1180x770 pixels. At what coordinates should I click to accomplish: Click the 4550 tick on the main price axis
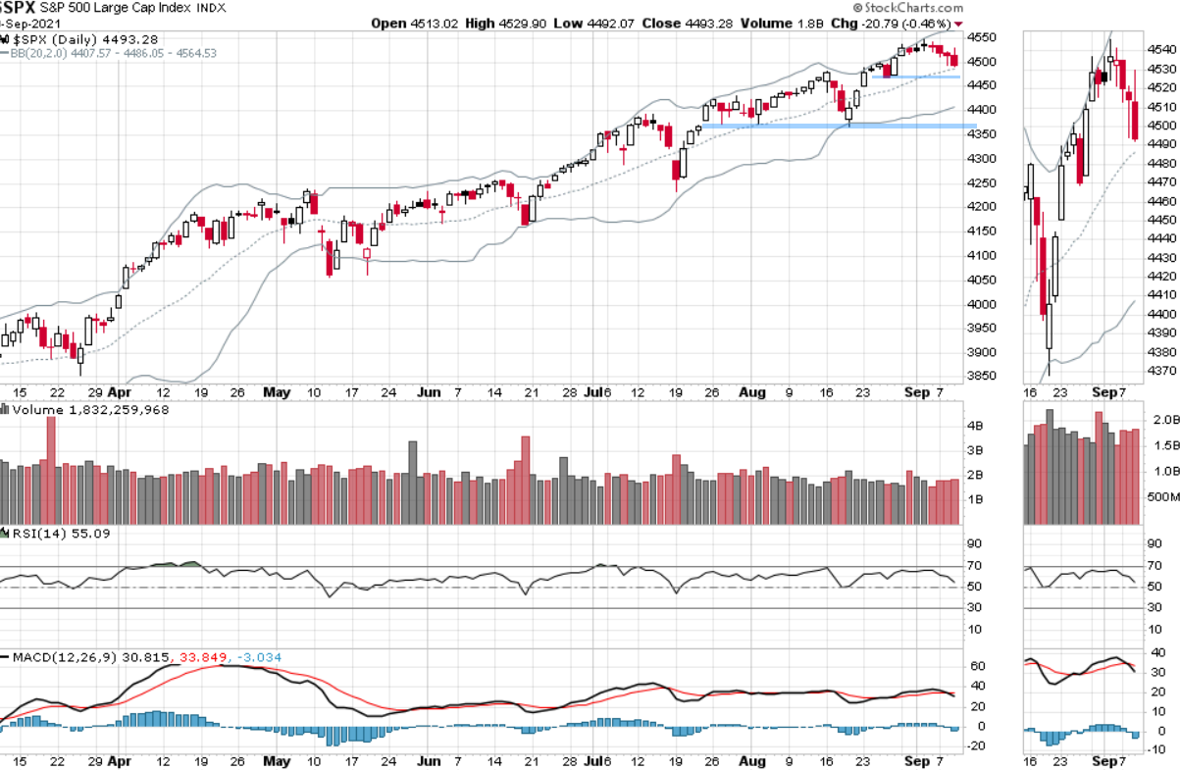coord(982,37)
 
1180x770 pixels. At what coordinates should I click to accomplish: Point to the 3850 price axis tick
coord(982,377)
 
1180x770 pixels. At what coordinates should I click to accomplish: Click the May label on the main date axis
coord(278,392)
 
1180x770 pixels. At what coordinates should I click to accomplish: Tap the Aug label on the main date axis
coord(752,392)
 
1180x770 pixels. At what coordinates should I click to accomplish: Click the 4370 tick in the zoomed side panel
coord(1162,371)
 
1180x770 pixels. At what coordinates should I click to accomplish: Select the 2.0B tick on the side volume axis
coord(1164,420)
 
